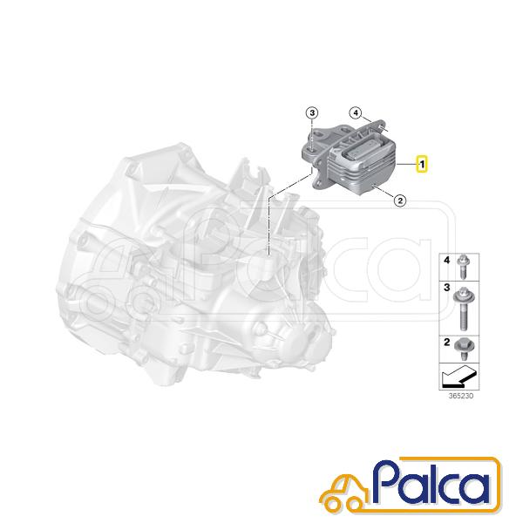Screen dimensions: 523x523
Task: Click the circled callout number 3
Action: point(312,113)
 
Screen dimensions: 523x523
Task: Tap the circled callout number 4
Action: point(356,113)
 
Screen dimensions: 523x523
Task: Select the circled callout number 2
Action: point(400,200)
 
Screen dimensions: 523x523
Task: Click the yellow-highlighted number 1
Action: point(422,165)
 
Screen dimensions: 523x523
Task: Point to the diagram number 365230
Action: point(460,396)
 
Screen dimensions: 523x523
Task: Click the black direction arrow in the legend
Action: point(458,377)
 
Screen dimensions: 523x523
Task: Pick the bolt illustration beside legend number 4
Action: point(463,267)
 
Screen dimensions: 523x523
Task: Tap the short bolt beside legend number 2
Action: point(464,349)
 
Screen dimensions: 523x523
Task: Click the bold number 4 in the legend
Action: point(447,260)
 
